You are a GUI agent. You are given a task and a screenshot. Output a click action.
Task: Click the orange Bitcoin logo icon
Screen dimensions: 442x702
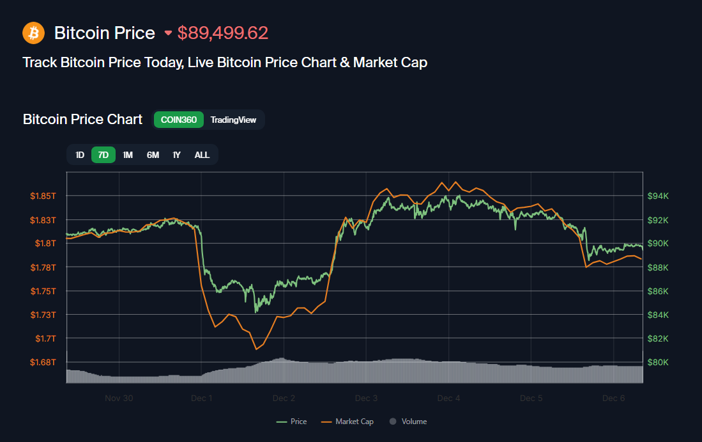click(x=33, y=33)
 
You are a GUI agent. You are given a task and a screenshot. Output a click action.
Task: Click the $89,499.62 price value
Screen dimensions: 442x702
click(x=223, y=33)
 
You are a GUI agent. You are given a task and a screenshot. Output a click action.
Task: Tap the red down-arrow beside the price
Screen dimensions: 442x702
click(x=168, y=33)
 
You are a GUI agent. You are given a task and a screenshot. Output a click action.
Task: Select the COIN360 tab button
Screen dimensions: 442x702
click(x=179, y=120)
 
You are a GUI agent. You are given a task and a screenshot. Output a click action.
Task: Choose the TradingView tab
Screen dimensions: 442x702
click(x=233, y=120)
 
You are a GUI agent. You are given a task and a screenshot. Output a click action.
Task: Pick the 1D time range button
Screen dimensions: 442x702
click(x=80, y=155)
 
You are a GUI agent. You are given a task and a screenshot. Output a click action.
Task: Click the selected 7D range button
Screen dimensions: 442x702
click(x=103, y=155)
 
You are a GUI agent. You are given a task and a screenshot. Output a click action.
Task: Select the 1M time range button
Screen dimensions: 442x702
click(x=128, y=155)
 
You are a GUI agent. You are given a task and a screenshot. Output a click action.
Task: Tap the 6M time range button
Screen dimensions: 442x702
click(x=153, y=155)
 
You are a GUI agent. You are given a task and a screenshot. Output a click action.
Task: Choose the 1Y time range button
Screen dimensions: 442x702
click(x=177, y=155)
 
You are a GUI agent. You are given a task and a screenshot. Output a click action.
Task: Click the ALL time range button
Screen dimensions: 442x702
click(x=202, y=155)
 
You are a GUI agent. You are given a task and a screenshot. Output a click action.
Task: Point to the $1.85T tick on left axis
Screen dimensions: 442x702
click(x=43, y=196)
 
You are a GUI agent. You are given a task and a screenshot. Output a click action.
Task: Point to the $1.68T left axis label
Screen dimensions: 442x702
click(x=43, y=362)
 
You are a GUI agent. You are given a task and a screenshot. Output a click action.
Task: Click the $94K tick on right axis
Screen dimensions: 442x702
click(x=658, y=196)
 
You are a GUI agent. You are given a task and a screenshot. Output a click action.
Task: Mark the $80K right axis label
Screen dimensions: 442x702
click(x=658, y=362)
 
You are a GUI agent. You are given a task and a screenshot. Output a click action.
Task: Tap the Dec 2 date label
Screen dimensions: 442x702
click(x=284, y=398)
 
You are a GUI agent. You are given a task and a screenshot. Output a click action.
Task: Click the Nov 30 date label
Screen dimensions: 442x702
click(x=119, y=398)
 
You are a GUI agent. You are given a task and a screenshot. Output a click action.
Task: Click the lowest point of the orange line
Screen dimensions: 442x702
click(x=256, y=349)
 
